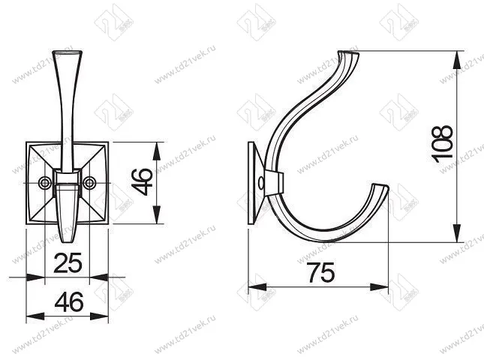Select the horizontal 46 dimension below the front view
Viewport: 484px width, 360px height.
(68, 302)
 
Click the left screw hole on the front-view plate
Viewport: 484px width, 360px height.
(44, 182)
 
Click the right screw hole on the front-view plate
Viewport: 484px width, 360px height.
(91, 182)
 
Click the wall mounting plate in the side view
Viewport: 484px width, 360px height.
(254, 182)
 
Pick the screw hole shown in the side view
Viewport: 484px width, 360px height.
(261, 182)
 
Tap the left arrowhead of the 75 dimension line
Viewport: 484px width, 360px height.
(254, 286)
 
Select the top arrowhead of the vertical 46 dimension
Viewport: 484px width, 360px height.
(155, 145)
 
